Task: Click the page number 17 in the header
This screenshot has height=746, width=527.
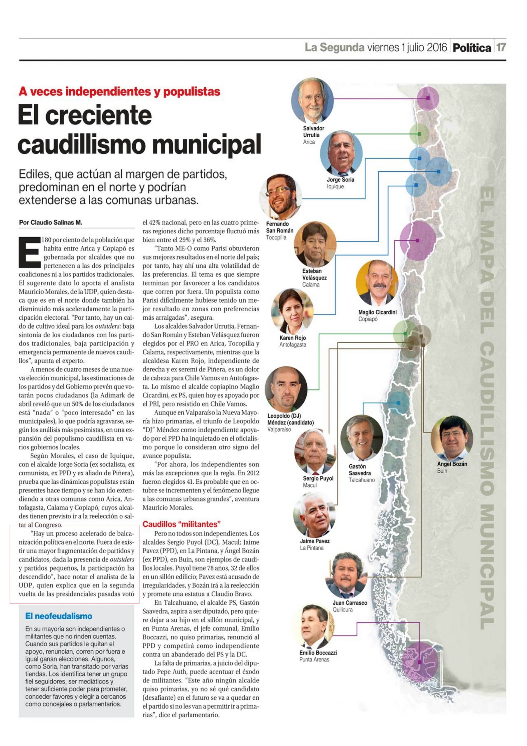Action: point(501,48)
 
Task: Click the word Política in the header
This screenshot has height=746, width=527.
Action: point(472,48)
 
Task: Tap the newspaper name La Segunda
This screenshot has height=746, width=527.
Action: point(334,48)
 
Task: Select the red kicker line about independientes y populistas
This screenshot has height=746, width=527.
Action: point(119,92)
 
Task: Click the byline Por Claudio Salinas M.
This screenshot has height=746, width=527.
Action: point(51,223)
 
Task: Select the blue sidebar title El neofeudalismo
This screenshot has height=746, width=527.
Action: point(59,616)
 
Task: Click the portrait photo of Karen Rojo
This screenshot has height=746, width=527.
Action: point(292,312)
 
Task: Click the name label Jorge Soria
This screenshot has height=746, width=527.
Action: point(340,180)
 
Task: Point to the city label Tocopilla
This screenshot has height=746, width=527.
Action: point(276,237)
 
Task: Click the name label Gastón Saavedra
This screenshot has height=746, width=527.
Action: point(360,469)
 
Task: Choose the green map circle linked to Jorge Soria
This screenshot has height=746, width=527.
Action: point(419,133)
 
